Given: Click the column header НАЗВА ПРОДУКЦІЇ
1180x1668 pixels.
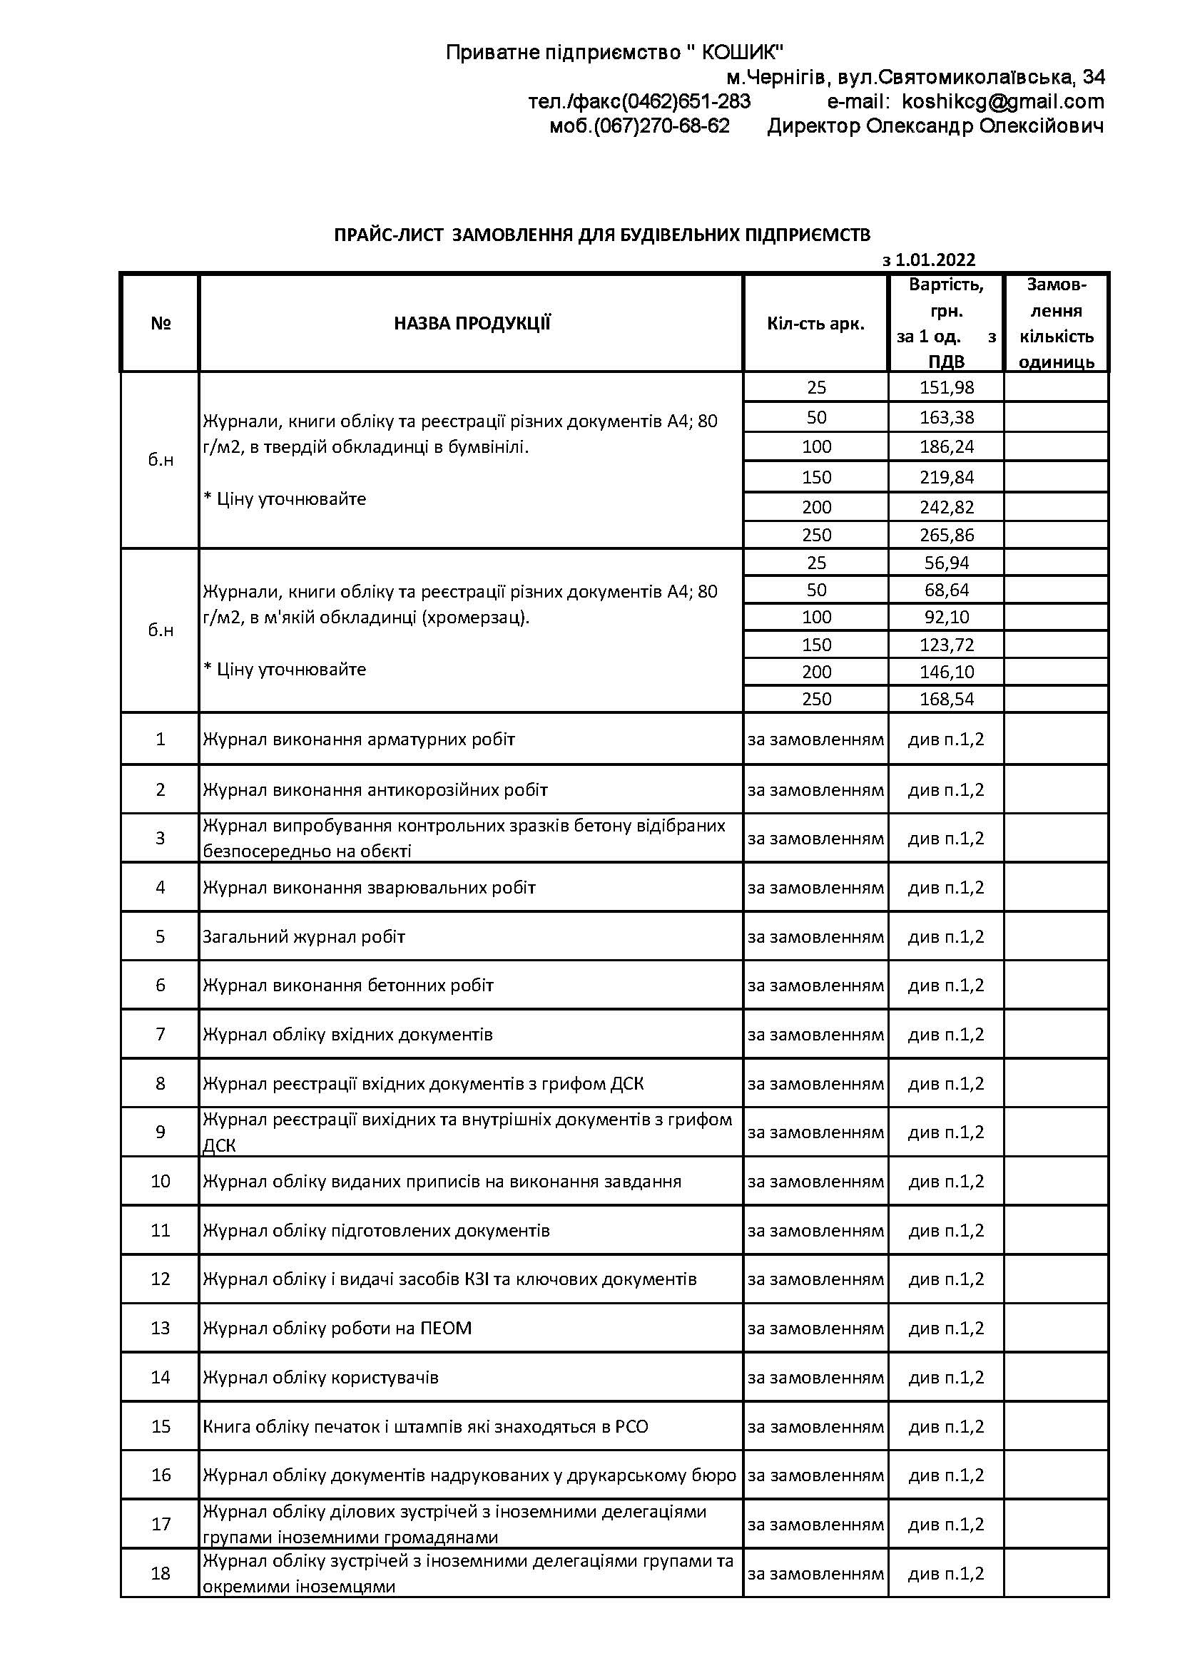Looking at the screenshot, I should pos(472,323).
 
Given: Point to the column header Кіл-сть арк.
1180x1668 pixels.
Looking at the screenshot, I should pos(815,323).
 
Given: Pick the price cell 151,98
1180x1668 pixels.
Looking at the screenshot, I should pos(946,387).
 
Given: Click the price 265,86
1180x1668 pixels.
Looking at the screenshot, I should pos(946,535).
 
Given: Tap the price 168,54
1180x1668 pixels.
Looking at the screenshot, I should pos(946,699).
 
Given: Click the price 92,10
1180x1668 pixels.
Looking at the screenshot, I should pos(946,617).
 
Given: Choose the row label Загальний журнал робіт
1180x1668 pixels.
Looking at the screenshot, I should pos(304,936).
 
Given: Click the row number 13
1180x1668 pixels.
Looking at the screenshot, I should pos(160,1328).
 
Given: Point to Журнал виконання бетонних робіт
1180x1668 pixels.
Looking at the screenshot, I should pos(348,985).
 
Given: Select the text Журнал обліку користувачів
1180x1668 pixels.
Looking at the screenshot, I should pos(320,1378).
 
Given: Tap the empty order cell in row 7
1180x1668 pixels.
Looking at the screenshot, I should pos(1056,1034).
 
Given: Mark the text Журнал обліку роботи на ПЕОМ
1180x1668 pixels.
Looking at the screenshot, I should pos(337,1328).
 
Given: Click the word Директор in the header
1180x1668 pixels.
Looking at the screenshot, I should pos(814,126).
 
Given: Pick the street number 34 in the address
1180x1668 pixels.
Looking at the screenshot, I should pos(1093,77).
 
